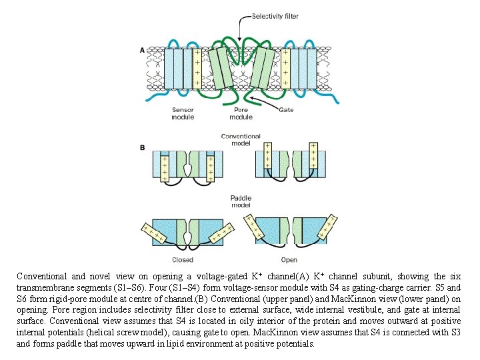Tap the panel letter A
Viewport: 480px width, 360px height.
point(141,50)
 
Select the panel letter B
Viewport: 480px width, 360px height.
point(141,147)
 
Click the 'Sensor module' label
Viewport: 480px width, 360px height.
point(183,113)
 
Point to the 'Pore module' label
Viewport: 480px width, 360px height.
point(241,113)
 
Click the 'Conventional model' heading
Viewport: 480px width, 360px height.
point(241,139)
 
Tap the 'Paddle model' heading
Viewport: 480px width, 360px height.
point(241,201)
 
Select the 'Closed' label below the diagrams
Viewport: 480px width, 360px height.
point(183,260)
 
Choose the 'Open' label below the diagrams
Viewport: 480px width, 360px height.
point(289,260)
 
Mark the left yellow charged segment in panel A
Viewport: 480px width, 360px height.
point(197,68)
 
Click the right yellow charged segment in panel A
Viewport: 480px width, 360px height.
point(285,68)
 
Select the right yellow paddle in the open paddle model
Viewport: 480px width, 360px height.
point(327,223)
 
